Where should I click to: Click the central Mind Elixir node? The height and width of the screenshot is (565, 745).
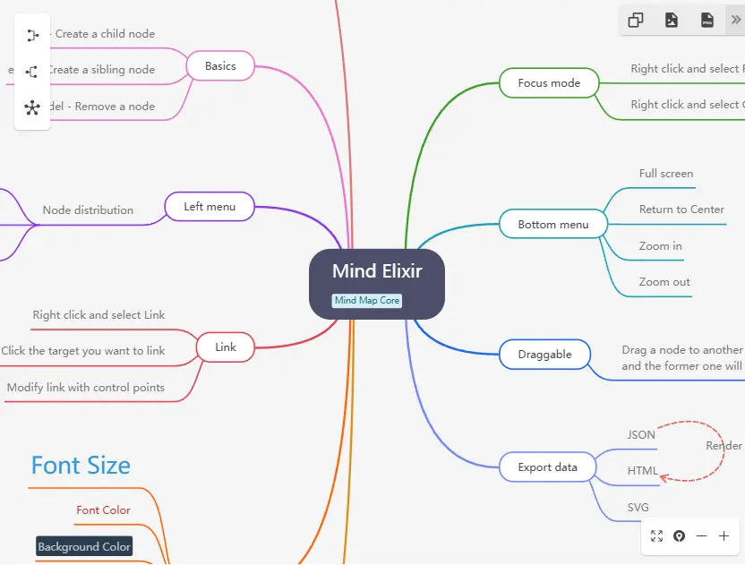pos(376,271)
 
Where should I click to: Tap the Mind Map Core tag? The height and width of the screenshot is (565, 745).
pos(367,301)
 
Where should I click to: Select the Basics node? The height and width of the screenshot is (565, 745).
pos(220,66)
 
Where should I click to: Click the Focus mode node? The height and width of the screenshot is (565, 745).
pos(549,83)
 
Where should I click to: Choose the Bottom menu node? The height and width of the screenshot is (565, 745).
pos(553,225)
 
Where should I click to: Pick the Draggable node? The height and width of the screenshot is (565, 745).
pos(544,355)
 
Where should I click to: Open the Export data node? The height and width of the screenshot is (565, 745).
pos(547,467)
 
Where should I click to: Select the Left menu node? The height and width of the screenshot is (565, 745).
pos(210,207)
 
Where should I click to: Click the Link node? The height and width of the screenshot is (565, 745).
pos(226,347)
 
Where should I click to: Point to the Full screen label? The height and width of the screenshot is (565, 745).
pos(666,174)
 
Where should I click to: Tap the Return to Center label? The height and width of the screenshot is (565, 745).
pos(681,210)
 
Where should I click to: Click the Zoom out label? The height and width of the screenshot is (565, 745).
pos(664,282)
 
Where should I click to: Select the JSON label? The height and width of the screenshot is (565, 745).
pos(641,435)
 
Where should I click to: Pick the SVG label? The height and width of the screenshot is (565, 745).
pos(638,508)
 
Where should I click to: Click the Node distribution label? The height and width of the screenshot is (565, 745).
pos(88,210)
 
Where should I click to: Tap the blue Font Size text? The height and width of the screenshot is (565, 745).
pos(81,466)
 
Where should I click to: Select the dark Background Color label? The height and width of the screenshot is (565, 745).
pos(84,546)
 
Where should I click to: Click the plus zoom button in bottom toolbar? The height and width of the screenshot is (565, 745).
pos(724,536)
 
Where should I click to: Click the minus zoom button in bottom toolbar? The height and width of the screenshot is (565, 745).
pos(701,536)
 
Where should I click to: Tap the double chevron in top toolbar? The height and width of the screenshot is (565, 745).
pos(736,19)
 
